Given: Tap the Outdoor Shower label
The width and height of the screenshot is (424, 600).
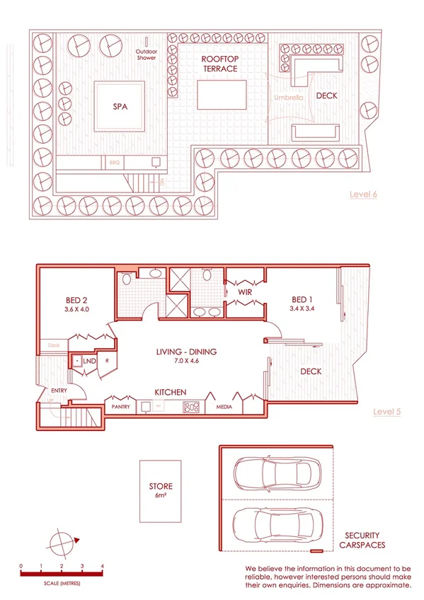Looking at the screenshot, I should pyautogui.click(x=148, y=54).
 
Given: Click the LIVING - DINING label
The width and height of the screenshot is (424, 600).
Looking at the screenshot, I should pyautogui.click(x=187, y=352).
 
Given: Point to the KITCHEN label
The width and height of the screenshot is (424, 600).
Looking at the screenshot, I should pyautogui.click(x=170, y=391).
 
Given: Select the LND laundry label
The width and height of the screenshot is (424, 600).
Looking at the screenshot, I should pyautogui.click(x=89, y=361).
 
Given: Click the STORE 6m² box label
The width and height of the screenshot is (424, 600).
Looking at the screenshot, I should pyautogui.click(x=160, y=490).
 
